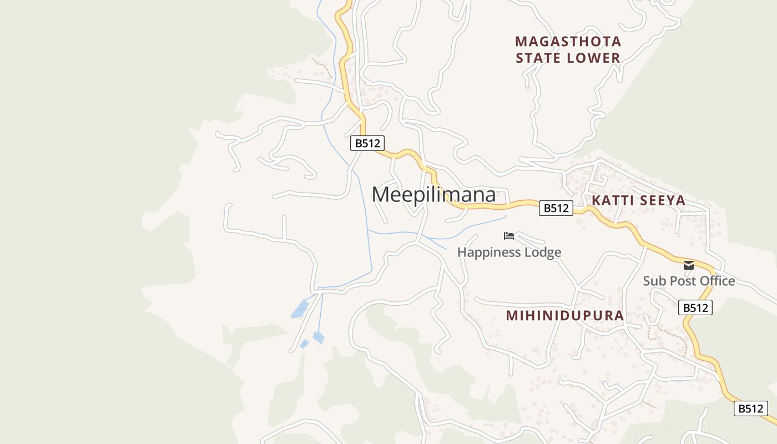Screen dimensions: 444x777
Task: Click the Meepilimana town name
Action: pyautogui.click(x=433, y=195)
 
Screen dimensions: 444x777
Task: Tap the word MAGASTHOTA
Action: pyautogui.click(x=568, y=42)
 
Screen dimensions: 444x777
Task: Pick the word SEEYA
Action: pyautogui.click(x=663, y=200)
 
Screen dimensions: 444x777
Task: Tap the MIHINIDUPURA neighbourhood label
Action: pyautogui.click(x=565, y=316)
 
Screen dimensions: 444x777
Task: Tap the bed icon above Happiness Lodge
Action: pyautogui.click(x=509, y=236)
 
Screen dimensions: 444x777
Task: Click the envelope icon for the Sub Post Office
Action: pyautogui.click(x=689, y=265)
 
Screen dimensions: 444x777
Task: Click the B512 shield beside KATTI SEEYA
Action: pyautogui.click(x=556, y=208)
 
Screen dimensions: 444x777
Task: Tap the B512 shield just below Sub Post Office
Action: pyautogui.click(x=695, y=307)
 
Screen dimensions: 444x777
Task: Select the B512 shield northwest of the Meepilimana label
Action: pyautogui.click(x=367, y=143)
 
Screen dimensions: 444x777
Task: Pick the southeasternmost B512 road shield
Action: pyautogui.click(x=750, y=408)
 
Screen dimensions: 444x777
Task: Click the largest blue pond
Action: pyautogui.click(x=300, y=309)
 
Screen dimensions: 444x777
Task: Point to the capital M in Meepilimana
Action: pyautogui.click(x=383, y=195)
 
